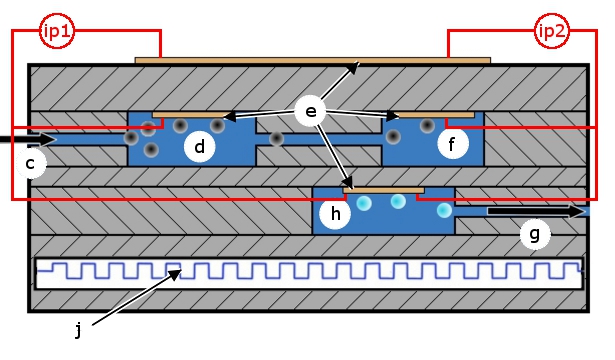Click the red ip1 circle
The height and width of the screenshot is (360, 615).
(x=57, y=31)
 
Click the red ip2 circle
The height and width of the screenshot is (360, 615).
(x=552, y=31)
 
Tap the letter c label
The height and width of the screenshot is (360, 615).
(x=31, y=163)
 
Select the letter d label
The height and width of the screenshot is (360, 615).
(x=200, y=147)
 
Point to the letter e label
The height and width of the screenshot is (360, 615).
(x=311, y=111)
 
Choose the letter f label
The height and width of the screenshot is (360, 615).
(x=453, y=144)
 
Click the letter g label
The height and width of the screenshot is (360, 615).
(x=535, y=234)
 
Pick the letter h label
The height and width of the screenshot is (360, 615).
(x=335, y=214)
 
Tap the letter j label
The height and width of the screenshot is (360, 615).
(x=78, y=329)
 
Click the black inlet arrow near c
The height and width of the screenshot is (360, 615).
(x=27, y=139)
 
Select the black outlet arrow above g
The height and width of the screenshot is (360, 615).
(x=536, y=211)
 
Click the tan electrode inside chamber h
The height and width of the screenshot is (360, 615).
(x=384, y=190)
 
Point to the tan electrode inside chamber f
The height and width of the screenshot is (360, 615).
(x=435, y=115)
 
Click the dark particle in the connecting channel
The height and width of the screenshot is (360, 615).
(x=277, y=138)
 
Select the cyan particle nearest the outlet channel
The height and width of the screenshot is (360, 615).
(x=444, y=210)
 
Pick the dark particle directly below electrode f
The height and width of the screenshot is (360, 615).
(x=427, y=125)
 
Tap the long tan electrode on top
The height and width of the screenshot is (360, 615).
(x=313, y=60)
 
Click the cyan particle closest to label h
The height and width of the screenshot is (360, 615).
(x=364, y=203)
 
